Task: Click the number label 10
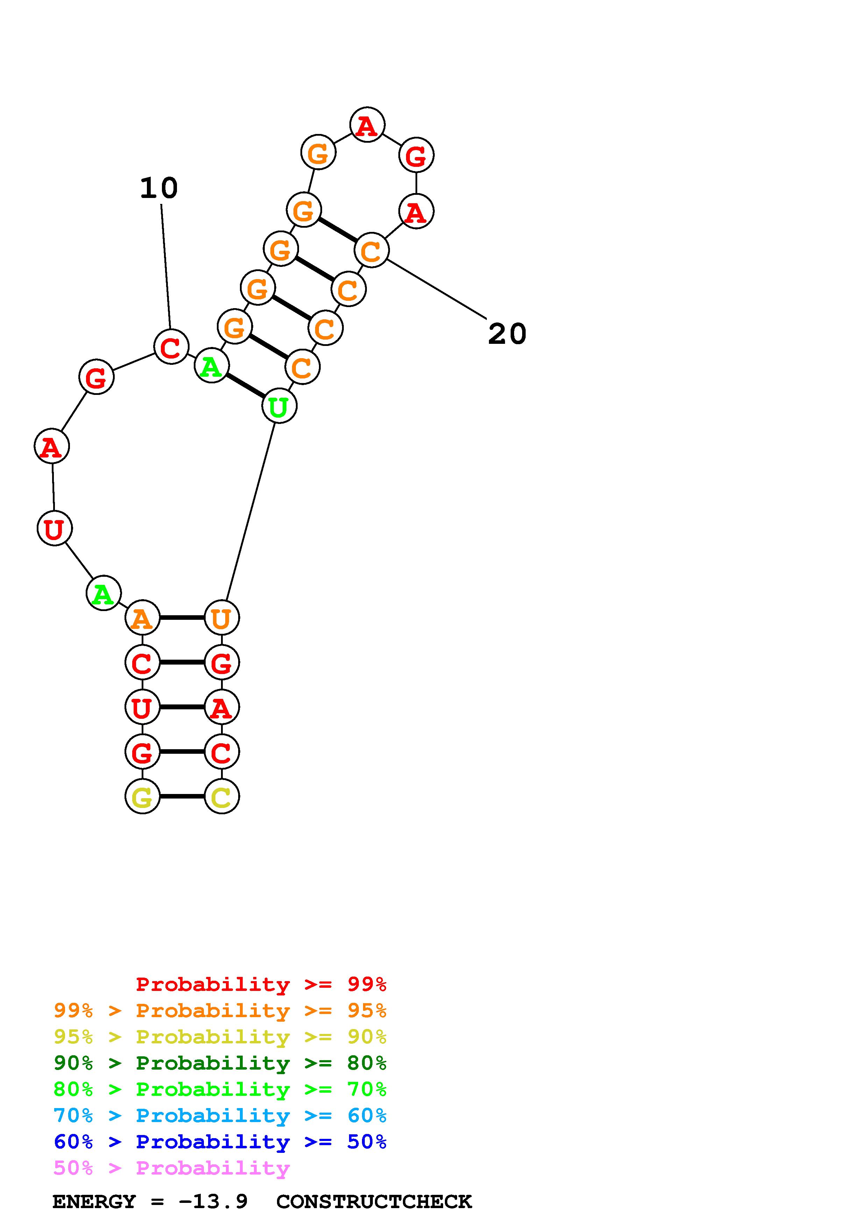tap(159, 188)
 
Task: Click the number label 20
tap(507, 334)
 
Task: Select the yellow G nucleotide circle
tap(142, 796)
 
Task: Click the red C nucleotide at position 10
tap(171, 347)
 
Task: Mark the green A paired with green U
tap(212, 366)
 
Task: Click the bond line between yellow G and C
tap(182, 796)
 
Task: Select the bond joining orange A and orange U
tap(182, 618)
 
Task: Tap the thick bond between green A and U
tap(245, 386)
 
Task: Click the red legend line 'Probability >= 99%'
tap(261, 984)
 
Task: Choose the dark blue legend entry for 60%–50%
tap(220, 1142)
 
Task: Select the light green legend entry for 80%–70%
tap(220, 1089)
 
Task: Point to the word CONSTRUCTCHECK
tap(374, 1201)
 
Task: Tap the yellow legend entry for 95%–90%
tap(220, 1037)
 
